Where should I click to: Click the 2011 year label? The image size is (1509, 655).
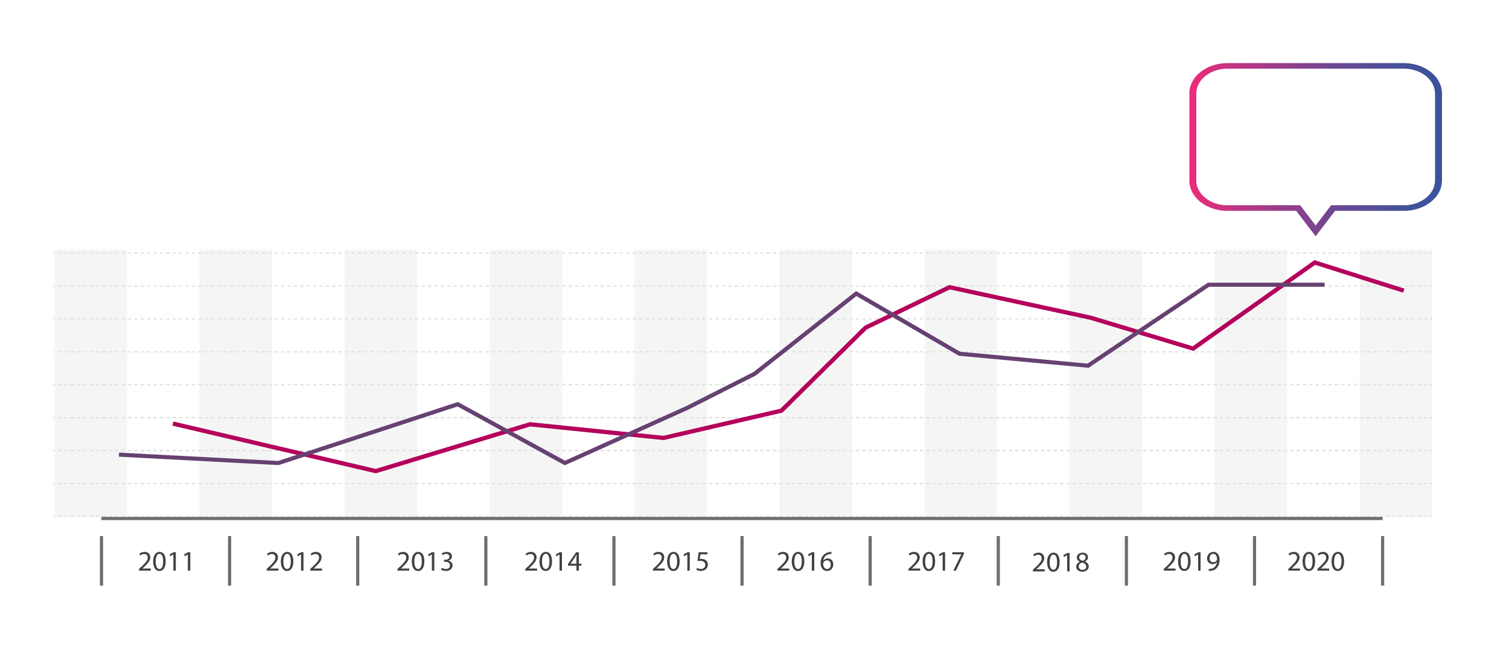click(x=166, y=562)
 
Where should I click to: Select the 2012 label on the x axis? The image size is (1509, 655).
click(x=295, y=562)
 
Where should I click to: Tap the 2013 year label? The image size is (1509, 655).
click(x=425, y=562)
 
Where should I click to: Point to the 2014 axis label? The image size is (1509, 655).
click(x=553, y=562)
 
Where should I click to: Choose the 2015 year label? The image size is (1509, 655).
click(x=680, y=562)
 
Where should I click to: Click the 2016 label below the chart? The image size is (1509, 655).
click(x=805, y=562)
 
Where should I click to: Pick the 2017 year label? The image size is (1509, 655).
click(x=936, y=562)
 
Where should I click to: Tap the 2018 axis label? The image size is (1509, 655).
click(x=1061, y=562)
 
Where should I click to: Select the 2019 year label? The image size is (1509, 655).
click(x=1192, y=562)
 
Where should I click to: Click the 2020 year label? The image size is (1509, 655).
click(x=1316, y=562)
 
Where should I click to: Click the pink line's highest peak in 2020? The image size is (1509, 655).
click(x=1315, y=263)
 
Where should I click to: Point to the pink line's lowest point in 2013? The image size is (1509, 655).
click(x=375, y=471)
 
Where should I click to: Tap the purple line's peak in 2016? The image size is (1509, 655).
click(x=856, y=293)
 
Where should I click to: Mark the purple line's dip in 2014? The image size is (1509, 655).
click(x=564, y=463)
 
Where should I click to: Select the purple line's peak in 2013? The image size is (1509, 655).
click(x=458, y=404)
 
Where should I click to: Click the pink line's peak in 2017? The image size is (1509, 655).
click(x=949, y=287)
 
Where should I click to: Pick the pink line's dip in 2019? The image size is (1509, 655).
click(x=1193, y=348)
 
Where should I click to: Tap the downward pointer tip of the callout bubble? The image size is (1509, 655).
click(x=1315, y=232)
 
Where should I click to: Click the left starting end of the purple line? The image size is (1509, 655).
click(x=121, y=455)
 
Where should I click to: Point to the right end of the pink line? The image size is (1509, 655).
click(x=1403, y=290)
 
